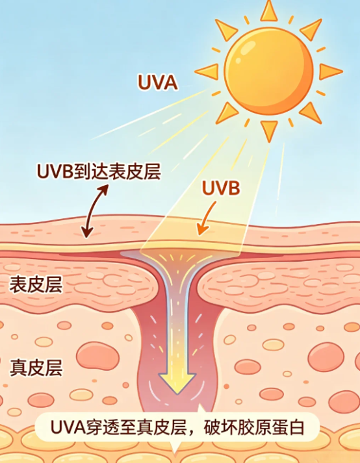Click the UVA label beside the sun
(157, 82)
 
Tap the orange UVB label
(221, 188)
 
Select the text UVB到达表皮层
(99, 171)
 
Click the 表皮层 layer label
(36, 284)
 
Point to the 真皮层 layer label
(36, 368)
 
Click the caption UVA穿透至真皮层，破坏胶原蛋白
(177, 427)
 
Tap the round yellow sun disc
(268, 71)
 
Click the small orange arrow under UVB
(205, 219)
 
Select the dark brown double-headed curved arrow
(95, 211)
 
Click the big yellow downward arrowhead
(177, 383)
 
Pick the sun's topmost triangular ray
(268, 11)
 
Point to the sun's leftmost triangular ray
(207, 71)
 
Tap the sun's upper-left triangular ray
(226, 29)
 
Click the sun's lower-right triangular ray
(311, 113)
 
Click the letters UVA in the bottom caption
(68, 427)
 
